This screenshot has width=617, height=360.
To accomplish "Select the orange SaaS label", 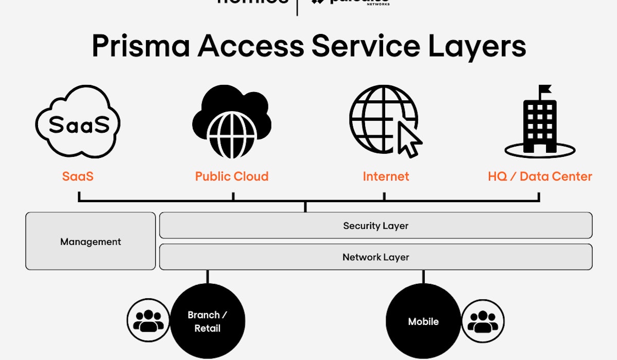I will pyautogui.click(x=78, y=176).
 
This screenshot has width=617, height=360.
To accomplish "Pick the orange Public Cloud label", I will pyautogui.click(x=231, y=176).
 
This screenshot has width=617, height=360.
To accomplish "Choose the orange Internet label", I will pyautogui.click(x=386, y=176).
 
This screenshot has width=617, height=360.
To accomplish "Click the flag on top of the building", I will pyautogui.click(x=545, y=91).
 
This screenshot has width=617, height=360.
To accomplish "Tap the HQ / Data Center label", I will pyautogui.click(x=540, y=176).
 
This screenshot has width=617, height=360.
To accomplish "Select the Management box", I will pyautogui.click(x=90, y=241).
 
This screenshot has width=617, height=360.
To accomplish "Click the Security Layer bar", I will pyautogui.click(x=376, y=225).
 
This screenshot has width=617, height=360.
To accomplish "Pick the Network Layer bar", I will pyautogui.click(x=376, y=257).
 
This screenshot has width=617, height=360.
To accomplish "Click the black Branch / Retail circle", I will pyautogui.click(x=207, y=321).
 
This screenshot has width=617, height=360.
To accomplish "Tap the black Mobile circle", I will pyautogui.click(x=423, y=321).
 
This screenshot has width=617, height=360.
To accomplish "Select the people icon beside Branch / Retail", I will pyautogui.click(x=148, y=320).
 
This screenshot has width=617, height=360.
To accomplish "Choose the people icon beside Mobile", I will pyautogui.click(x=483, y=322).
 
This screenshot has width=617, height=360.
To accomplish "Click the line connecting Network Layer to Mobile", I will pyautogui.click(x=423, y=277).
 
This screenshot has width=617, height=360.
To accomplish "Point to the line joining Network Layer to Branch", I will pyautogui.click(x=207, y=277).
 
